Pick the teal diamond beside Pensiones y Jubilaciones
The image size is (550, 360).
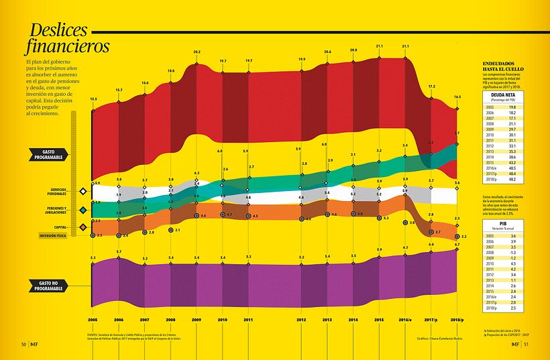(x=82, y=210)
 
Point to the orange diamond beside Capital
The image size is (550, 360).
(x=82, y=227)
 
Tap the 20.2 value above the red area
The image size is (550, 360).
(x=197, y=52)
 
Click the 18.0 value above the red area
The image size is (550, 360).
(x=171, y=70)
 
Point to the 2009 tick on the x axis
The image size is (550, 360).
(x=197, y=320)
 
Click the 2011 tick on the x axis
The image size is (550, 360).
(x=248, y=320)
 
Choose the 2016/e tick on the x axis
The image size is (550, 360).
(x=406, y=320)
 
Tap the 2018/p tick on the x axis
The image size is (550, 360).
(x=457, y=320)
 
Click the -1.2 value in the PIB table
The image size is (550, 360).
(x=511, y=257)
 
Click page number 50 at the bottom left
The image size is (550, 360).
(x=23, y=345)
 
